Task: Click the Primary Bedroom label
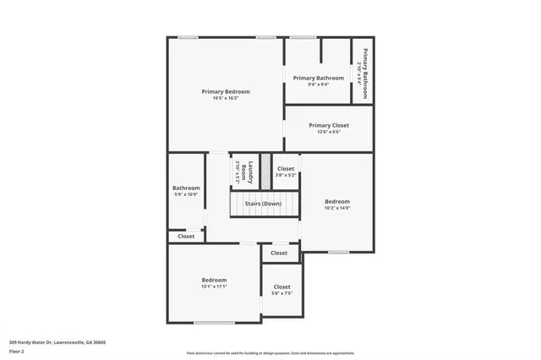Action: (225, 91)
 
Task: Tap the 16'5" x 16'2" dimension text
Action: (225, 98)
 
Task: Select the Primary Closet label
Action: (330, 125)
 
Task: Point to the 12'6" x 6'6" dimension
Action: (330, 132)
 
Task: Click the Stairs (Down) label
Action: (263, 204)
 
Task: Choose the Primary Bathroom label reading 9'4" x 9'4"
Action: (318, 78)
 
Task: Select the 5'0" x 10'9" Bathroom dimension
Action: (186, 195)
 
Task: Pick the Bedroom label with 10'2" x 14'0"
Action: (337, 201)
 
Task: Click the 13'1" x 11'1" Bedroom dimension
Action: (213, 286)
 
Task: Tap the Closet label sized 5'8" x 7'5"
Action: (281, 287)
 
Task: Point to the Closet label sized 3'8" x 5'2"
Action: (286, 169)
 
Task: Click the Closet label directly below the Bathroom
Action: (186, 237)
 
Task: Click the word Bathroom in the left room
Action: (186, 188)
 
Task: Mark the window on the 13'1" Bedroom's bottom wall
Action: (214, 323)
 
